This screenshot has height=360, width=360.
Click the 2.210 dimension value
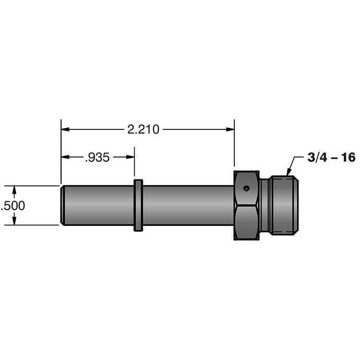pos(143,129)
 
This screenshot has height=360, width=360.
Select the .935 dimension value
pos(97,158)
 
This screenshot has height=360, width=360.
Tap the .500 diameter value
pos(13,206)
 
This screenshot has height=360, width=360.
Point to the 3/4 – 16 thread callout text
pos(331,158)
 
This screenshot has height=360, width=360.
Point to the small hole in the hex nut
pos(246,188)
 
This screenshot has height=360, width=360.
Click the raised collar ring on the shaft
pos(138,205)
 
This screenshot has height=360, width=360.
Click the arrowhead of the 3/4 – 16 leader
pos(288,174)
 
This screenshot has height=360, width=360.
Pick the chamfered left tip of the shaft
pos(63,205)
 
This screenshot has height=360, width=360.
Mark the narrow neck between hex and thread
pos(265,205)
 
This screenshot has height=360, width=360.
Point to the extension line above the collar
pos(135,164)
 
